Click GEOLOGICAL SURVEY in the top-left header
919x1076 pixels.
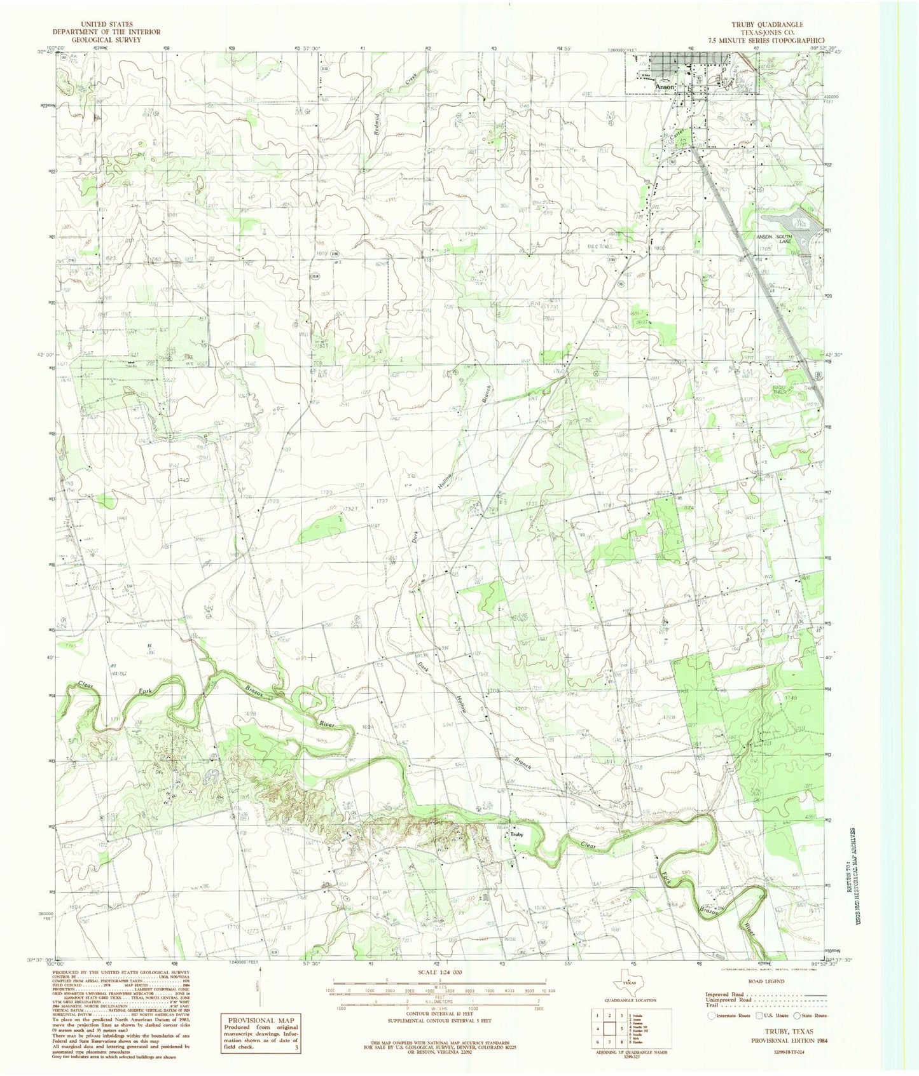coord(106,39)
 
